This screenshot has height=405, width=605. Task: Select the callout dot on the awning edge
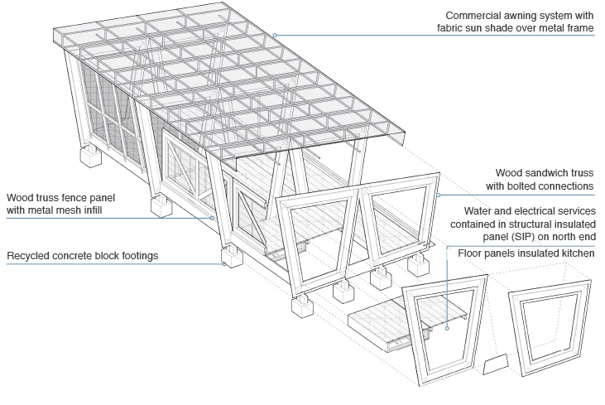tap(275, 35)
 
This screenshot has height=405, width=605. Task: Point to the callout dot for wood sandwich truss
tap(439, 195)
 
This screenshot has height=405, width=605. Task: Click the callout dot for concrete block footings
tap(223, 264)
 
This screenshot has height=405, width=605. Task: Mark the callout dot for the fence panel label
tap(212, 218)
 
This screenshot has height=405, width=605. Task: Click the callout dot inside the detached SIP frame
tap(447, 328)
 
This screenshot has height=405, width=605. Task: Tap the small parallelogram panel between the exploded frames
tap(496, 364)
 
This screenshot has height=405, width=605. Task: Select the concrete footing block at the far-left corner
tap(91, 157)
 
